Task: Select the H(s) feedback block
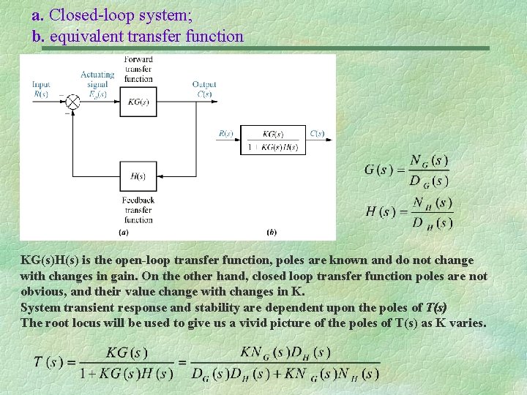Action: (x=138, y=176)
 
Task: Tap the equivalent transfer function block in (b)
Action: (x=272, y=139)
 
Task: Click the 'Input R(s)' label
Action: (x=41, y=89)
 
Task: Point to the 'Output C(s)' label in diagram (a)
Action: (x=203, y=89)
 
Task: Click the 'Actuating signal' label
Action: (x=97, y=79)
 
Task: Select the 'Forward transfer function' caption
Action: (x=138, y=69)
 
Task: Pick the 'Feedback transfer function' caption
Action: (x=138, y=210)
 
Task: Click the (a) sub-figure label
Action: (x=124, y=233)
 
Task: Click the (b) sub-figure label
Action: (x=272, y=233)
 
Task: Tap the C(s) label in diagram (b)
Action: (x=317, y=133)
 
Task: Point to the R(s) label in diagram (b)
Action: (x=225, y=133)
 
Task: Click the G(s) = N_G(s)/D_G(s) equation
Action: (x=407, y=170)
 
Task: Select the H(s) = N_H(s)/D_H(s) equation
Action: (x=409, y=212)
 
